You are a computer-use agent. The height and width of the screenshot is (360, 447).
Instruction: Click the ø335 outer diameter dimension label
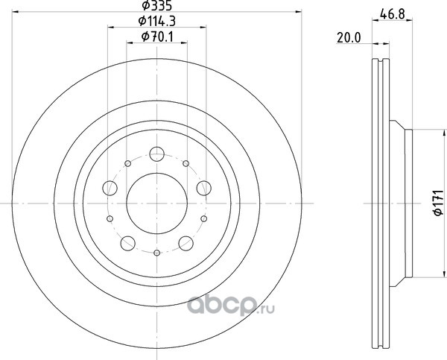tap(156, 5)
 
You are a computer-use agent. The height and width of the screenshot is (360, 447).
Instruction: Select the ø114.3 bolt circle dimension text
tap(156, 21)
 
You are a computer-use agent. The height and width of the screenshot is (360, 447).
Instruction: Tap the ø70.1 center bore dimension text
tap(157, 37)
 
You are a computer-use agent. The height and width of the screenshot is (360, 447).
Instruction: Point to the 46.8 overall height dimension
tap(393, 13)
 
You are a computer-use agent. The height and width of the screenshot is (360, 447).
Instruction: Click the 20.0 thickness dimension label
tap(349, 37)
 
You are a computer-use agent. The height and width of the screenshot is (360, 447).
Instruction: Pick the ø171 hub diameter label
tap(439, 203)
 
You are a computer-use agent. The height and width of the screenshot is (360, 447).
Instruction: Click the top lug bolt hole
tap(156, 154)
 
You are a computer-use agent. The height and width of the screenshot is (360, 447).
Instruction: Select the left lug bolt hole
tap(110, 188)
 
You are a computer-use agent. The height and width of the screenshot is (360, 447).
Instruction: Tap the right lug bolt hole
tap(204, 188)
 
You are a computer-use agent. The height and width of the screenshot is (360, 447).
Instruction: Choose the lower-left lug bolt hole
tap(127, 243)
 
